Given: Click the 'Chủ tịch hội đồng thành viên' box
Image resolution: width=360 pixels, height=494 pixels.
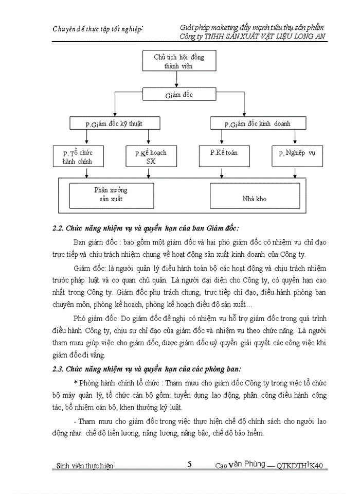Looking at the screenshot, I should (x=178, y=61).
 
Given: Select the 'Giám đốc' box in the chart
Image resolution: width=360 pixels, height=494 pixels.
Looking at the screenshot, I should (x=178, y=94).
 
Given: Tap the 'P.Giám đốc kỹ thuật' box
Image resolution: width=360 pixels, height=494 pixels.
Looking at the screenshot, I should (x=114, y=123).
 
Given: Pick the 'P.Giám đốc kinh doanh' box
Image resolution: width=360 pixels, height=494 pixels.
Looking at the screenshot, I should (x=258, y=123).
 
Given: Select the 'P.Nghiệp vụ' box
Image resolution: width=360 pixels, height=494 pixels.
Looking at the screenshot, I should (x=297, y=156).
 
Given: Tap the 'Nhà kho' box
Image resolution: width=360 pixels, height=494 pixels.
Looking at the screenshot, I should (x=254, y=198).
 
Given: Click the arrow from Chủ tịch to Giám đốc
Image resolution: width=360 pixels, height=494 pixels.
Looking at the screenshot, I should (x=178, y=80).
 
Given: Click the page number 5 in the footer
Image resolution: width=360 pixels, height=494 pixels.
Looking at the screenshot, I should (x=190, y=464).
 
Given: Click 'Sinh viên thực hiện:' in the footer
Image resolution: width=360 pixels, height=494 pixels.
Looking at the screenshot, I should (x=85, y=466).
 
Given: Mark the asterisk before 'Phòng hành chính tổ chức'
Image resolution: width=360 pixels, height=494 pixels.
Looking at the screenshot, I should (x=76, y=383).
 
